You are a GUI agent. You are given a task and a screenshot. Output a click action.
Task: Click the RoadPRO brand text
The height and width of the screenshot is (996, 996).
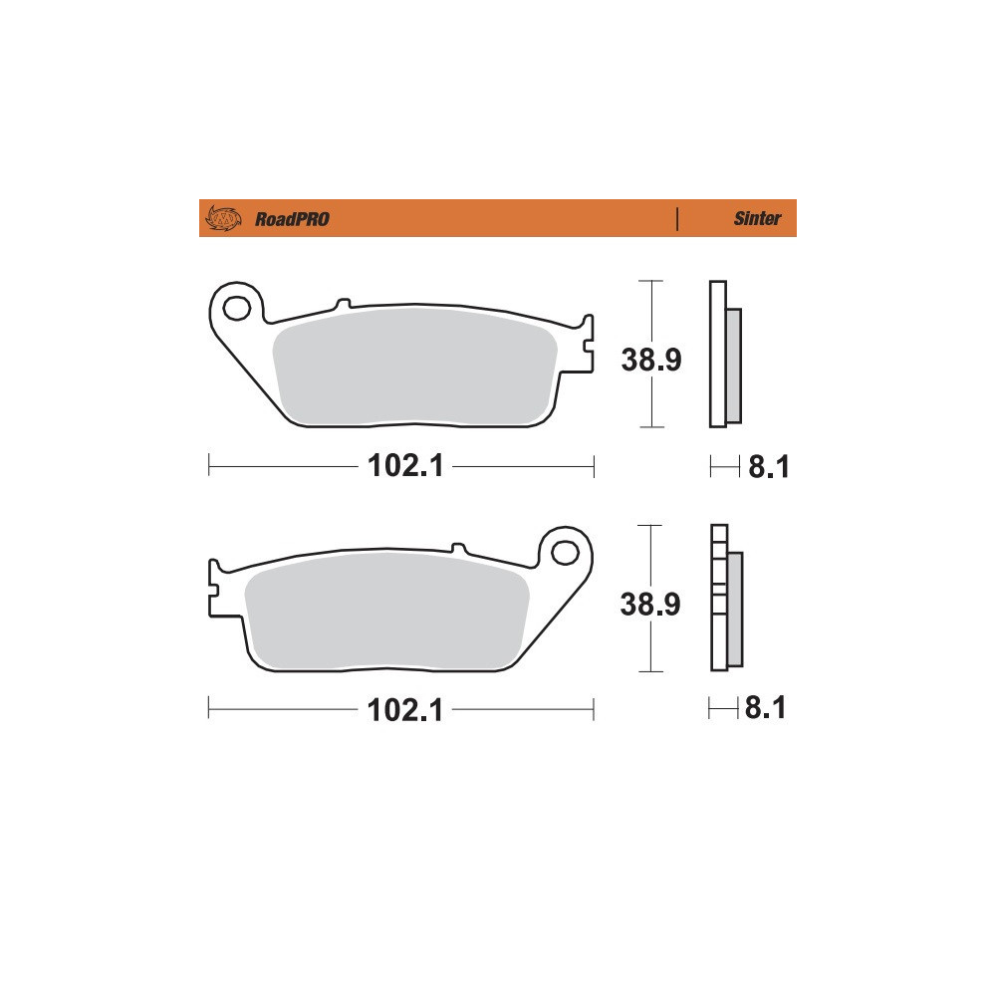tap(292, 219)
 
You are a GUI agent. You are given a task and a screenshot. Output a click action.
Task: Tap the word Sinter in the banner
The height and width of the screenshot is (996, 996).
tap(757, 218)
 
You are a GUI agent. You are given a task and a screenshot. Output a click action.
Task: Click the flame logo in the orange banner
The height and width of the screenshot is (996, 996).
tap(223, 218)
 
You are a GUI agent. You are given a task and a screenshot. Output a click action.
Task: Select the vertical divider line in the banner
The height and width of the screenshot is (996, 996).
tap(677, 218)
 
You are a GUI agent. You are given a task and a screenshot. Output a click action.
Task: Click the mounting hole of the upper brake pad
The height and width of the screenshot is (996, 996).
tap(237, 309)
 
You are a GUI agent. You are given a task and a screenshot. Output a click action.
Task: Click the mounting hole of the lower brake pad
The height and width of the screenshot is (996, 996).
tap(565, 553)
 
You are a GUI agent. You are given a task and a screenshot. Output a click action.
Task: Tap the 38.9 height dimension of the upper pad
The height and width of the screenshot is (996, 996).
tap(651, 360)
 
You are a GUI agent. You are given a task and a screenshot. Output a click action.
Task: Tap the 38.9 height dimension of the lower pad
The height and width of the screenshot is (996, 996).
tap(650, 605)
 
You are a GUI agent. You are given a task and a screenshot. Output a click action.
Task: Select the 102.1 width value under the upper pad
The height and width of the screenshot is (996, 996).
tap(405, 465)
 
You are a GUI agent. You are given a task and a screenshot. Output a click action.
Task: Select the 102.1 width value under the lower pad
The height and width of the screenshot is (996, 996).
tap(405, 709)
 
